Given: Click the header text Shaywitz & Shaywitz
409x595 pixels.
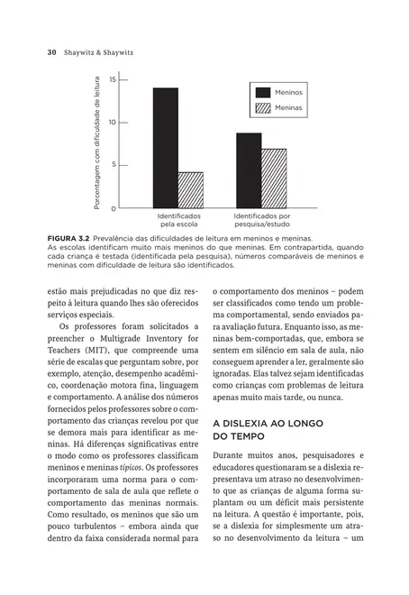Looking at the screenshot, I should coord(98,52).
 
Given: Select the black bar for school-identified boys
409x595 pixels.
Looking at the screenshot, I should coord(165,148).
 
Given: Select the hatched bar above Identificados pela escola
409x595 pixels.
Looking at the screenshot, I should coord(190,189).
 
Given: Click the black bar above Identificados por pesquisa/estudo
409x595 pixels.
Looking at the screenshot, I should coord(249,170).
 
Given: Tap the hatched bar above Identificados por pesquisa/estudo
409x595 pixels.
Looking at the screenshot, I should coord(274,178).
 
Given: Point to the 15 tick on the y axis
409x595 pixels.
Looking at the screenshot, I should coord(113,80).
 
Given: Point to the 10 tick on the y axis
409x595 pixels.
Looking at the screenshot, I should coord(113,123).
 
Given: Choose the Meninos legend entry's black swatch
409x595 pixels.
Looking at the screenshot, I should coord(263,92).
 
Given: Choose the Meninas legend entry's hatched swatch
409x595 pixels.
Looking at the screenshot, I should coord(263,108).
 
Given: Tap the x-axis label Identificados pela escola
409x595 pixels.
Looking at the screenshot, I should coord(179,220).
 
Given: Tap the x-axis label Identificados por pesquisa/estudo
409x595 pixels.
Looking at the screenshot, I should coord(262,220).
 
